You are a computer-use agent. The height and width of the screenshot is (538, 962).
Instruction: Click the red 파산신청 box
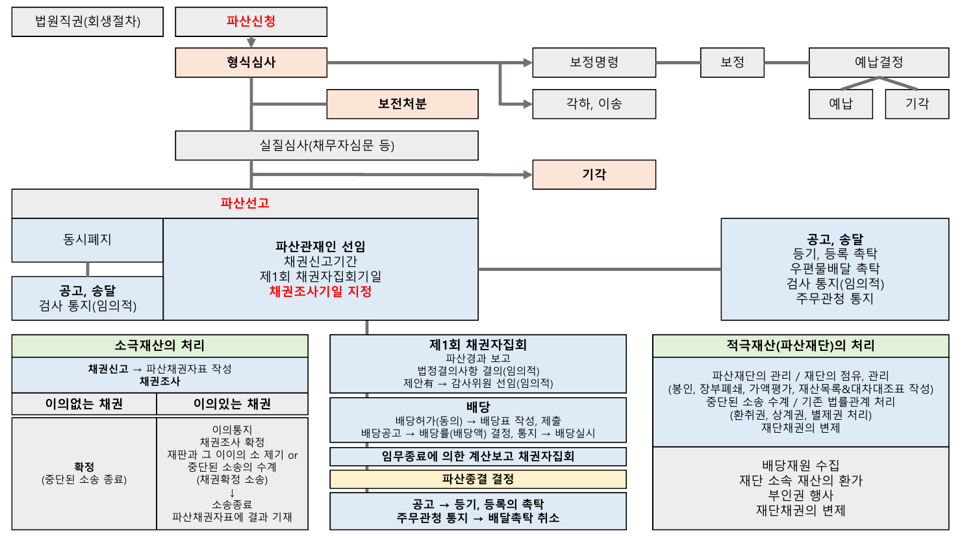pyautogui.click(x=251, y=21)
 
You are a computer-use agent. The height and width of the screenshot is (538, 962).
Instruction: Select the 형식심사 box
pyautogui.click(x=251, y=62)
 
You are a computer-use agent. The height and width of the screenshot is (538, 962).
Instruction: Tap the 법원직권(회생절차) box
pyautogui.click(x=87, y=21)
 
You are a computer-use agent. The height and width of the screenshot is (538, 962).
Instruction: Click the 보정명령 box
pyautogui.click(x=594, y=62)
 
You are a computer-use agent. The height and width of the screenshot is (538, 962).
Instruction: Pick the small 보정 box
pyautogui.click(x=732, y=62)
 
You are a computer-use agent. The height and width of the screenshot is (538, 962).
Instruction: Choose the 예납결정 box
pyautogui.click(x=878, y=62)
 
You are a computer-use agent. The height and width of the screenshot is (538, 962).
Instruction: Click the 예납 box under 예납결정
pyautogui.click(x=841, y=104)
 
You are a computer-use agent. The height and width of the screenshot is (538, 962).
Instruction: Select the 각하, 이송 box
pyautogui.click(x=594, y=104)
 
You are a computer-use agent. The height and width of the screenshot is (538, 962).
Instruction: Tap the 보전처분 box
pyautogui.click(x=402, y=104)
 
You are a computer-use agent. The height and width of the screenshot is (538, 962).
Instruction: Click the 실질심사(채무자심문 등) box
pyautogui.click(x=327, y=146)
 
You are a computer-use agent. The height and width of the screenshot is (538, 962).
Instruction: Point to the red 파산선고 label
pyautogui.click(x=245, y=203)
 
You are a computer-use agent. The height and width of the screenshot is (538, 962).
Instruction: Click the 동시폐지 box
pyautogui.click(x=87, y=240)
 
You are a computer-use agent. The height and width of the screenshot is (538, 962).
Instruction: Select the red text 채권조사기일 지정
pyautogui.click(x=320, y=292)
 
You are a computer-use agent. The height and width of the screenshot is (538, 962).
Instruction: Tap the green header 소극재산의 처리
pyautogui.click(x=160, y=346)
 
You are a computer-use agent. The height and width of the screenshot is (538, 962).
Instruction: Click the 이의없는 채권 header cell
pyautogui.click(x=84, y=404)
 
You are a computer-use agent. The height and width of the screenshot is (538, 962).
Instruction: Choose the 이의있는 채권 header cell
pyautogui.click(x=232, y=404)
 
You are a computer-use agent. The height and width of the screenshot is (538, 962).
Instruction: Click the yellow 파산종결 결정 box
pyautogui.click(x=478, y=480)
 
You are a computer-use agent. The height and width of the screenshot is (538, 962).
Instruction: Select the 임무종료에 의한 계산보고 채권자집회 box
pyautogui.click(x=478, y=456)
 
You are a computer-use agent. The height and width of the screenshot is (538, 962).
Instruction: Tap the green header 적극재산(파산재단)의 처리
pyautogui.click(x=800, y=346)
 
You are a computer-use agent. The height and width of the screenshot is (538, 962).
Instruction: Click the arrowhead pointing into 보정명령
pyautogui.click(x=527, y=63)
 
